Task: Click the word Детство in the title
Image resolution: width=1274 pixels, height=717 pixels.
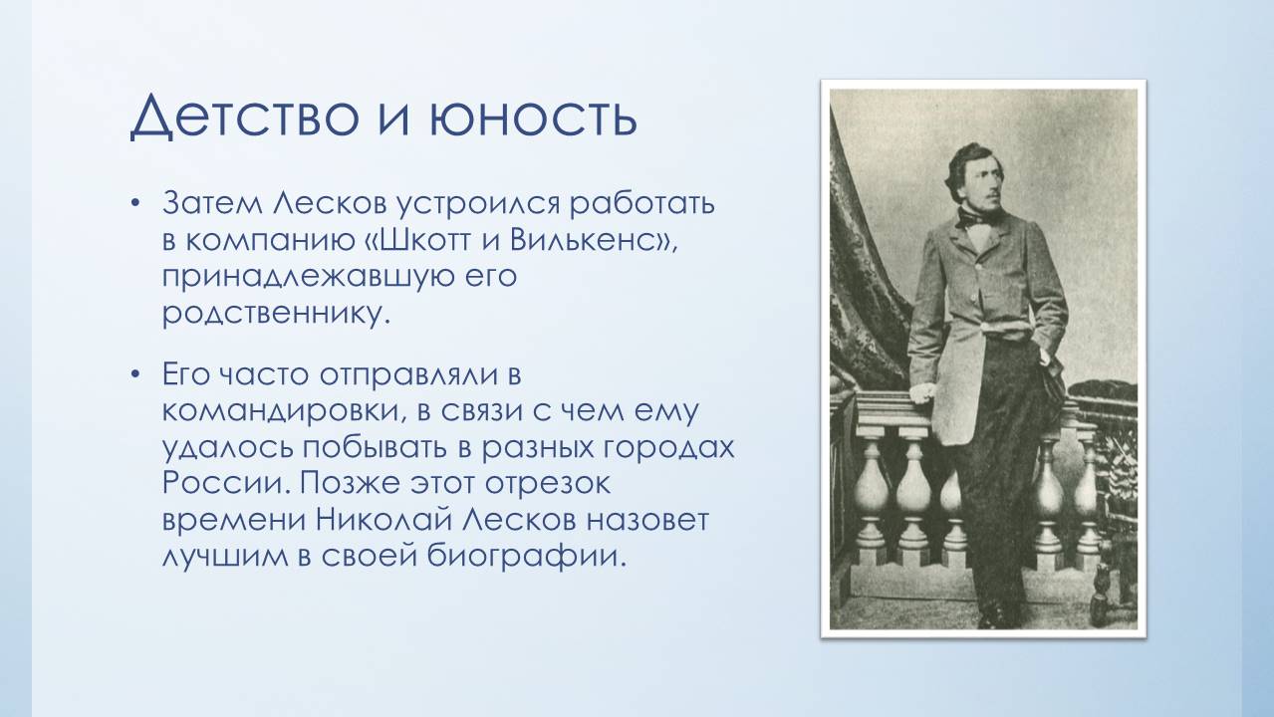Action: pyautogui.click(x=245, y=116)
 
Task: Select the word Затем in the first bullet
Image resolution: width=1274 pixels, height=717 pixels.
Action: pyautogui.click(x=212, y=203)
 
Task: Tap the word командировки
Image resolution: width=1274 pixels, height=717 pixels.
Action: pyautogui.click(x=283, y=411)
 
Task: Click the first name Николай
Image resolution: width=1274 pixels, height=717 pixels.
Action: pyautogui.click(x=385, y=520)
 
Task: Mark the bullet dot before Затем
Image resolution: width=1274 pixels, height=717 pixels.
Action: pyautogui.click(x=134, y=202)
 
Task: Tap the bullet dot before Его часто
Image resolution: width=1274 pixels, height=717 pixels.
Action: pyautogui.click(x=134, y=374)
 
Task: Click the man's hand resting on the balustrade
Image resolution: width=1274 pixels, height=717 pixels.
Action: pyautogui.click(x=922, y=391)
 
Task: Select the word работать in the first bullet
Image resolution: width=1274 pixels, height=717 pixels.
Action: pyautogui.click(x=642, y=204)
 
